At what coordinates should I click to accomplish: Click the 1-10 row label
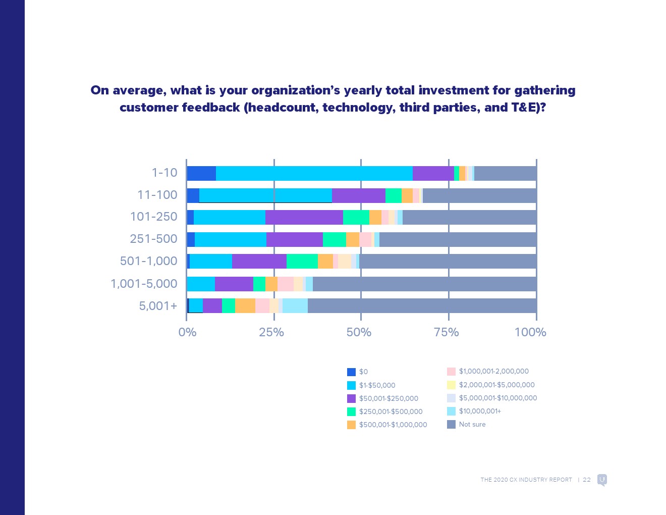[x=164, y=173]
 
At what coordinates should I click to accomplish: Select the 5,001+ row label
[x=158, y=306]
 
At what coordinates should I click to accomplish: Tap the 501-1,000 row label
[x=148, y=261]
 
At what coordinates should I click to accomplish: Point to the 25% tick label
[x=271, y=332]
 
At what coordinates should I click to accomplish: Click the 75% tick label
[x=447, y=332]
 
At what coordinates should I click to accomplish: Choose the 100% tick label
[x=530, y=332]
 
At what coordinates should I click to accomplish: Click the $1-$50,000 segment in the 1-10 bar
[x=314, y=173]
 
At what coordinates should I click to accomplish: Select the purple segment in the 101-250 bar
[x=304, y=217]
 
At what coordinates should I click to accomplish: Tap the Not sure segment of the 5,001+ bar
[x=422, y=306]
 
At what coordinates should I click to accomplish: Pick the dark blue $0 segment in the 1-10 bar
[x=201, y=173]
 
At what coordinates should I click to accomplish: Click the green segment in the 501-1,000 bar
[x=302, y=262]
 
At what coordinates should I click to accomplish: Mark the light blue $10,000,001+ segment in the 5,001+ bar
[x=295, y=306]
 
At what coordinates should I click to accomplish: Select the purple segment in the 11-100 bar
[x=358, y=195]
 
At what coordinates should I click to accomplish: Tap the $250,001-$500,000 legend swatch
[x=351, y=412]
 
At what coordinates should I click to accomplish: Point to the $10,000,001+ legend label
[x=480, y=411]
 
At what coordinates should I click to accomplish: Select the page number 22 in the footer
[x=586, y=480]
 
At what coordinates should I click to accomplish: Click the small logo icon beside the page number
[x=602, y=480]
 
